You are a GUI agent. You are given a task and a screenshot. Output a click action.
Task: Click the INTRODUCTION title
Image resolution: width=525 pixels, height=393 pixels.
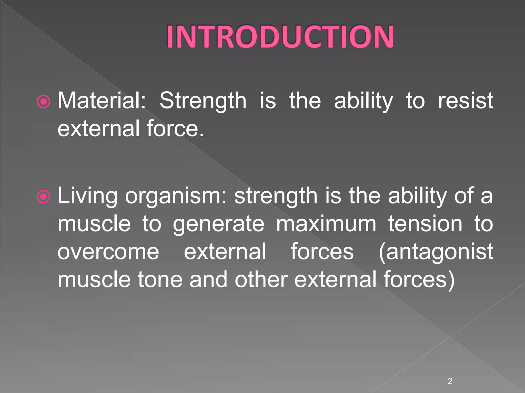click(x=280, y=37)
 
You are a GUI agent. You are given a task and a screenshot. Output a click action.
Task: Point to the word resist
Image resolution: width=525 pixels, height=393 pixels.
click(x=465, y=100)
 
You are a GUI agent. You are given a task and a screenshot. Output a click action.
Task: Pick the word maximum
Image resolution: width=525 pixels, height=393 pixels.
click(x=326, y=224)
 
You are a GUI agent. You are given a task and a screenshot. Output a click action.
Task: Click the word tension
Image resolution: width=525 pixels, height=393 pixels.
click(x=425, y=224)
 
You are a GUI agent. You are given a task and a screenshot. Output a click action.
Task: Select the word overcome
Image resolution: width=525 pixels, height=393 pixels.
click(x=108, y=252)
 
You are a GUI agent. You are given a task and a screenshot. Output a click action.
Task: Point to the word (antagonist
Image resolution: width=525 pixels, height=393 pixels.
click(x=436, y=252)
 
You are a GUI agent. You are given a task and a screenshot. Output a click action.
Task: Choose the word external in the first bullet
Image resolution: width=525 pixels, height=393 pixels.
click(x=98, y=128)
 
